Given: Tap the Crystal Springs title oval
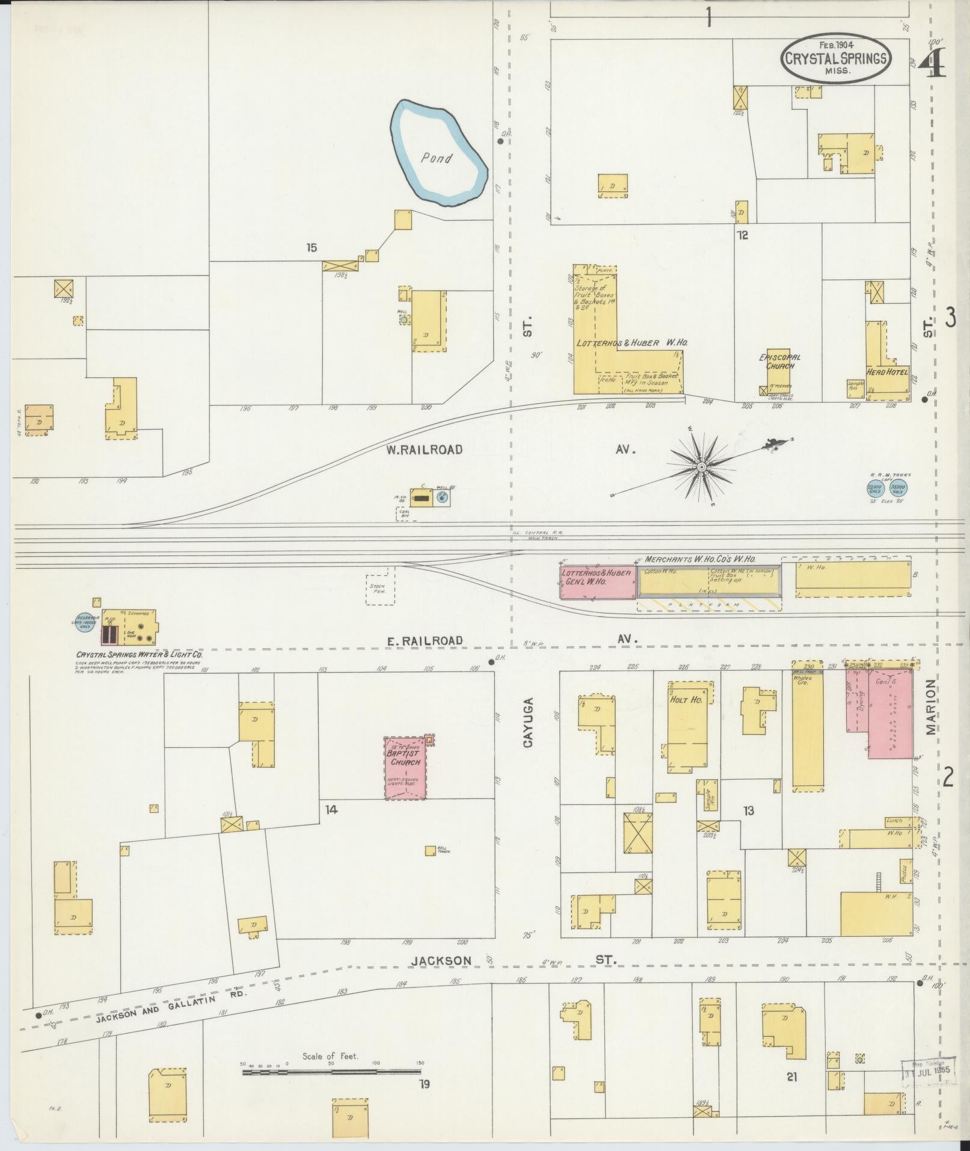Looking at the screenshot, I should point(836,58).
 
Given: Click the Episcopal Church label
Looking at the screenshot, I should point(779,362).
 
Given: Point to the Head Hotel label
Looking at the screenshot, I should point(887,372).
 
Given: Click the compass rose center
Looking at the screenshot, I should point(701,466).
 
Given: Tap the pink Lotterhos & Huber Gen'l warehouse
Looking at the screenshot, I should point(597,582).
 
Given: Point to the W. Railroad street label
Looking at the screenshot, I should point(425,449).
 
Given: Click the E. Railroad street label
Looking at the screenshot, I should point(425,641).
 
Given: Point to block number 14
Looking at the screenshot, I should point(331,809).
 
